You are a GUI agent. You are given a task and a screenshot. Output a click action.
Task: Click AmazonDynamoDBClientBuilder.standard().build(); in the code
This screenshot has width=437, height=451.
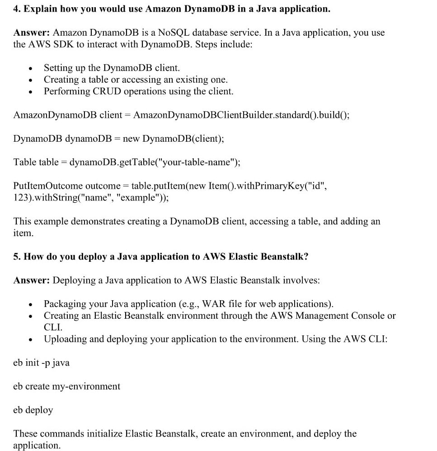(241, 115)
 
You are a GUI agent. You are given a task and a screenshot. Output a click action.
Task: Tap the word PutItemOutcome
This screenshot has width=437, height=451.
(48, 186)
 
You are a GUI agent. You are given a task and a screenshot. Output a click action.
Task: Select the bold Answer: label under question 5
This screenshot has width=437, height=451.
(31, 280)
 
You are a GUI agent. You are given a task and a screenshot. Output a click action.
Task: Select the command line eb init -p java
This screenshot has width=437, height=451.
(41, 363)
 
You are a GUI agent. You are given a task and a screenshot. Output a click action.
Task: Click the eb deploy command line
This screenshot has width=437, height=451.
(33, 410)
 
